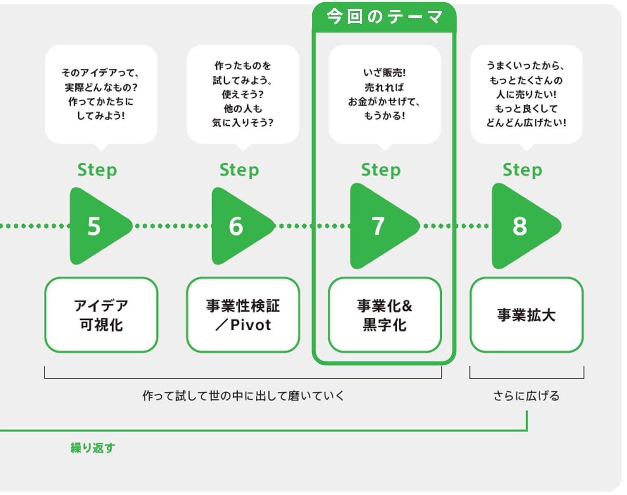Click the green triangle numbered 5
click(x=97, y=226)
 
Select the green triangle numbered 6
click(x=239, y=226)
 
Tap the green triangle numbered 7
click(x=380, y=226)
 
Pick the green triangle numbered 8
click(x=522, y=226)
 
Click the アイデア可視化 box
click(x=101, y=315)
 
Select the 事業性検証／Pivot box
click(x=243, y=315)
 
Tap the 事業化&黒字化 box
click(x=385, y=315)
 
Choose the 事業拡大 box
click(x=526, y=315)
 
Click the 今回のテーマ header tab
click(x=384, y=17)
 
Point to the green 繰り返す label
click(x=93, y=447)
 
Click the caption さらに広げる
click(x=526, y=396)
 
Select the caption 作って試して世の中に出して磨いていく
click(x=243, y=396)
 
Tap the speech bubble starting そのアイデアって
click(x=101, y=94)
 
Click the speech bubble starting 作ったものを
click(x=243, y=94)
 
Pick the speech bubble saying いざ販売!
click(x=385, y=94)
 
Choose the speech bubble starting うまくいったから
click(x=526, y=94)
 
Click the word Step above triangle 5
click(x=97, y=170)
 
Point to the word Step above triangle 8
click(x=522, y=170)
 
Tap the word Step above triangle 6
click(x=239, y=170)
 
